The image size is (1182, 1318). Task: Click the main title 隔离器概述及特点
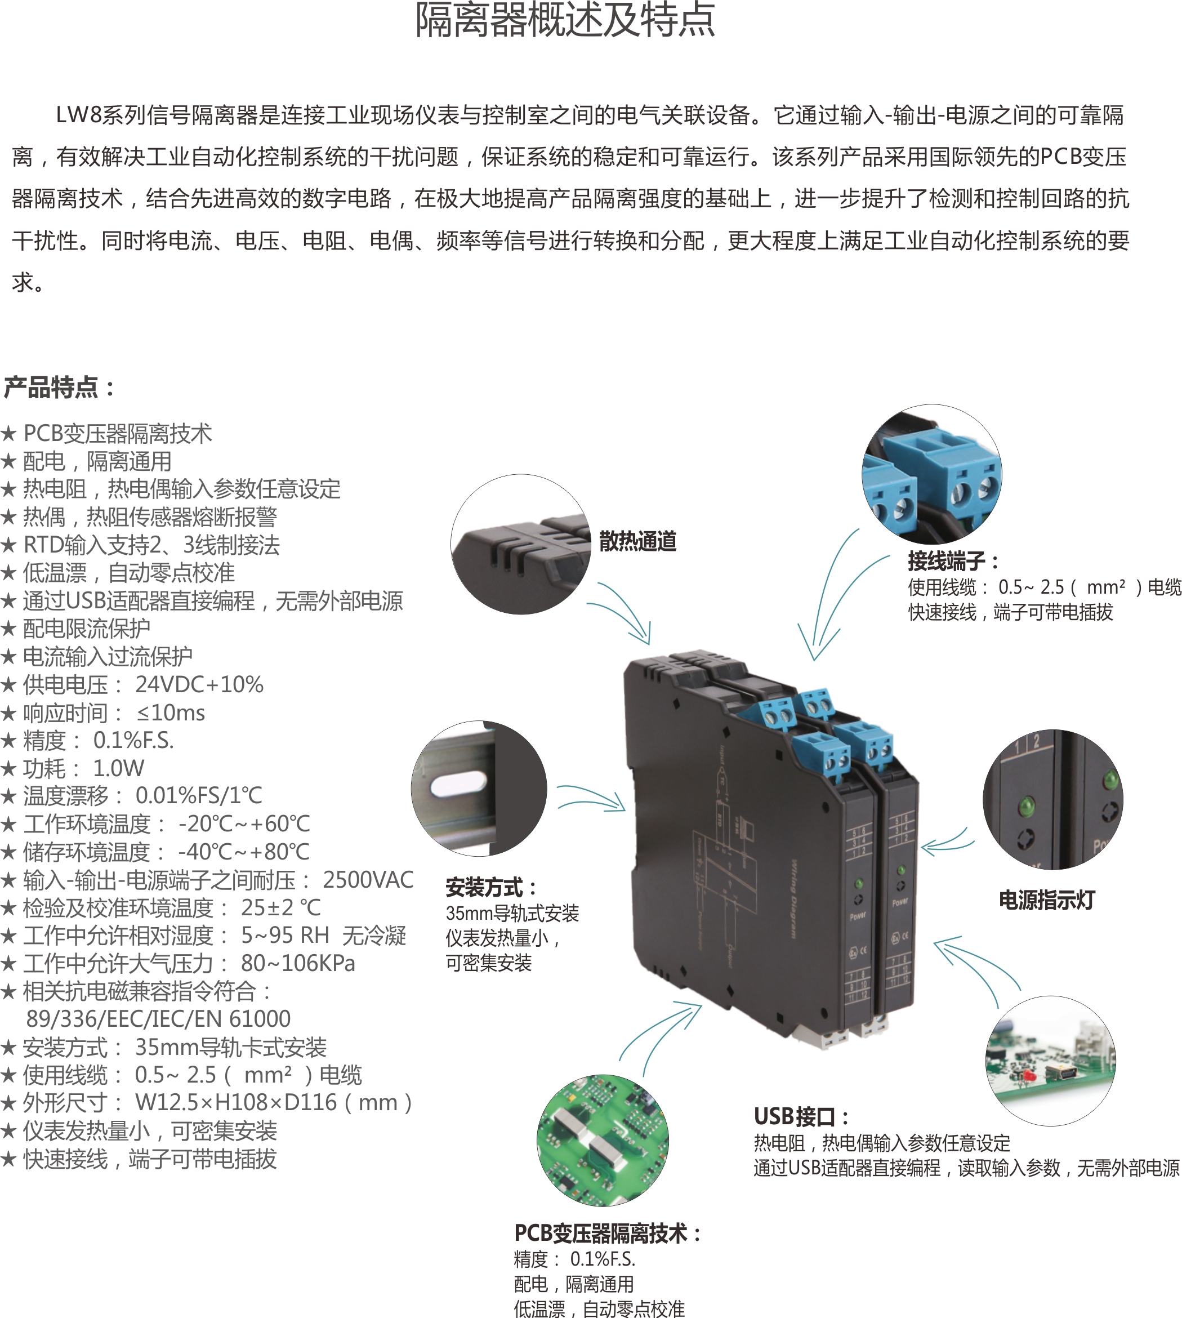[x=565, y=20]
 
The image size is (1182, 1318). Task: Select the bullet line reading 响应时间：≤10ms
[x=102, y=713]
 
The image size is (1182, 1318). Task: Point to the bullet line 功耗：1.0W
[x=72, y=768]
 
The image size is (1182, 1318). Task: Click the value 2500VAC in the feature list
[x=368, y=880]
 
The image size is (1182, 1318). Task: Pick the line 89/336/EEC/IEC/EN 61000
[x=158, y=1018]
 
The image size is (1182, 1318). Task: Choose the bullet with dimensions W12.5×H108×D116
[x=207, y=1102]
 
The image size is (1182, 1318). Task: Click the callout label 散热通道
[x=638, y=541]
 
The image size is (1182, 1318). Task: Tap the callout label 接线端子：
[x=953, y=560]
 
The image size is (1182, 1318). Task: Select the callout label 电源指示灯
[x=1047, y=900]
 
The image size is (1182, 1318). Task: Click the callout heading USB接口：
[x=801, y=1116]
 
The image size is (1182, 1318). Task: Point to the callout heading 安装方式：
[x=492, y=887]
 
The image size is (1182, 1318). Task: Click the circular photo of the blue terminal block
[x=931, y=474]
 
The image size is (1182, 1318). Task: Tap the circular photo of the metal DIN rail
[x=479, y=789]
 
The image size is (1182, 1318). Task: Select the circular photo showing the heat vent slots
[x=521, y=544]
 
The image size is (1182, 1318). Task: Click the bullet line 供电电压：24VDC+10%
[x=132, y=685]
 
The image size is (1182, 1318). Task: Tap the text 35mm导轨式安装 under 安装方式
[x=512, y=914]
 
